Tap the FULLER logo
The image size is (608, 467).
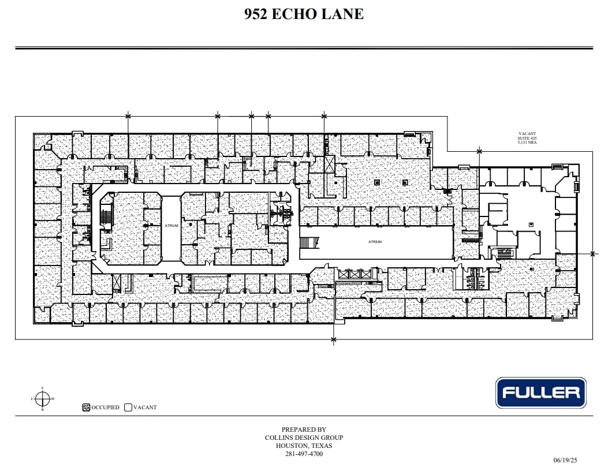click(x=540, y=393)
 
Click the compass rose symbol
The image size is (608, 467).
click(x=42, y=398)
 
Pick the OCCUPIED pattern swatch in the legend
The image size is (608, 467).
click(x=86, y=407)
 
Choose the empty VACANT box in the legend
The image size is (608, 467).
click(x=128, y=407)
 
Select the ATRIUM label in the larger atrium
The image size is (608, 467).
click(x=375, y=242)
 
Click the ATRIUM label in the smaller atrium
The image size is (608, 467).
click(x=171, y=225)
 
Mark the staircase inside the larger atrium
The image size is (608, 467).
click(x=309, y=242)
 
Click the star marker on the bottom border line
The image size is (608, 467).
click(x=333, y=340)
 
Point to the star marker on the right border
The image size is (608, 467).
click(x=593, y=253)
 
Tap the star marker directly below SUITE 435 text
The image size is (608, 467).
click(x=479, y=152)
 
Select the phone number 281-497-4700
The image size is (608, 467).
click(x=304, y=454)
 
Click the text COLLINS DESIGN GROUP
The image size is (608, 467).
click(x=304, y=438)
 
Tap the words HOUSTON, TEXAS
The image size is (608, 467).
click(x=304, y=446)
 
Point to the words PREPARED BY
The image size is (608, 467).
click(x=304, y=429)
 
